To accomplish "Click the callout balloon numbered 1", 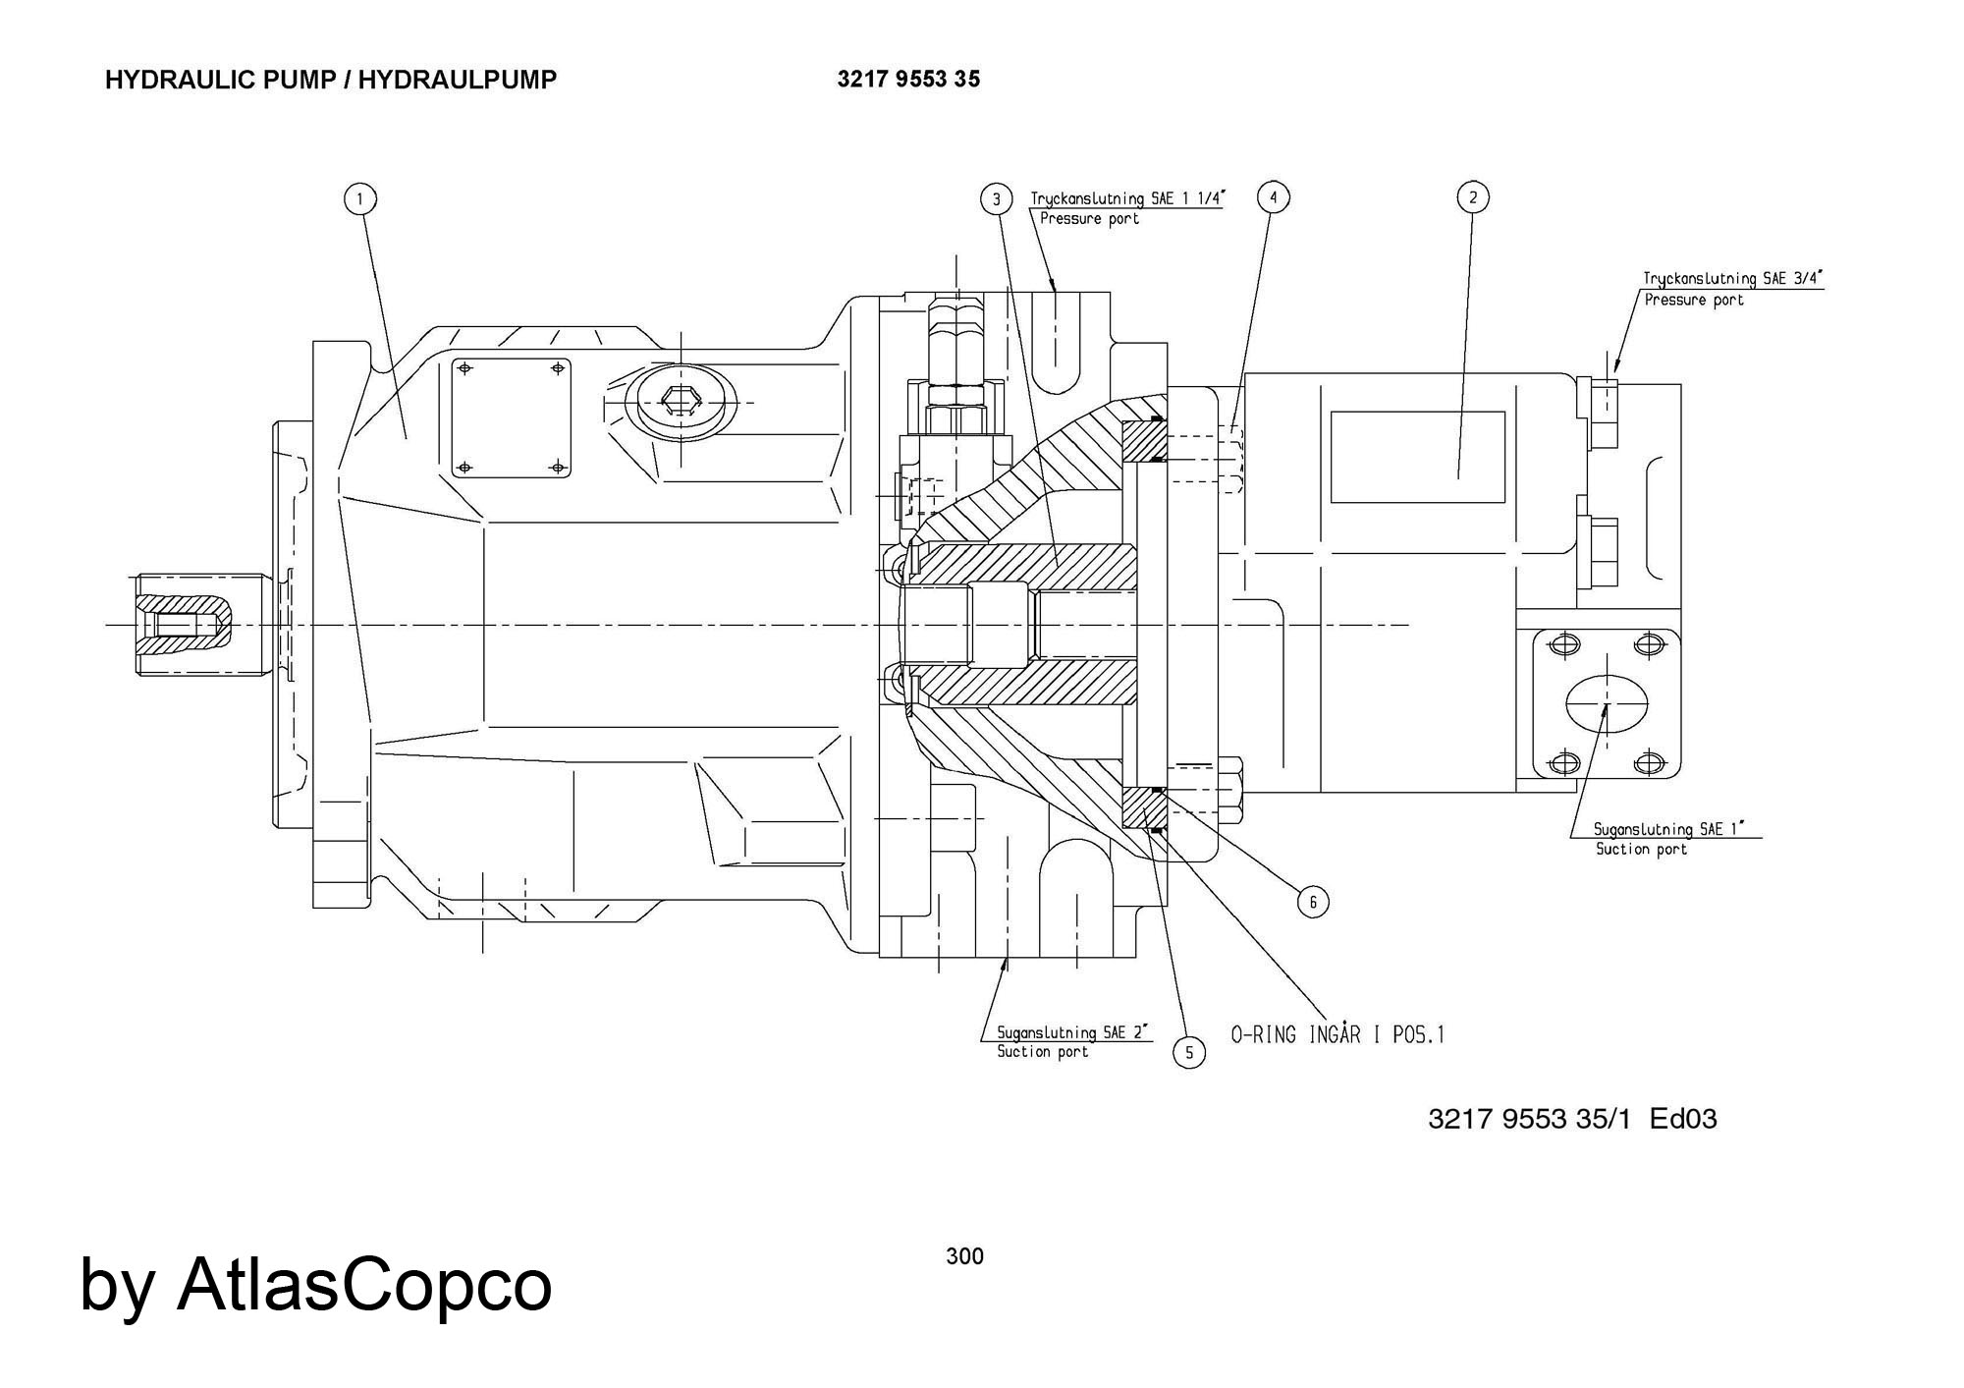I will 360,199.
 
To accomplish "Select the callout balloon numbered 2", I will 1472,197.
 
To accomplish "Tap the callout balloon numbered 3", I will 997,199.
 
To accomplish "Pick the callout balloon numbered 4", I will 1274,197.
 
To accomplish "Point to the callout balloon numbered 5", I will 1188,1053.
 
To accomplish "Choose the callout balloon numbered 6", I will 1313,901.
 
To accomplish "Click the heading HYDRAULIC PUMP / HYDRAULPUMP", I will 331,80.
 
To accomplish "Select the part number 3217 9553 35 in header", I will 908,80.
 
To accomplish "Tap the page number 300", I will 964,1255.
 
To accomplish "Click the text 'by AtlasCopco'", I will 316,1284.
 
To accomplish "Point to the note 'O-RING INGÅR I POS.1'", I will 1337,1034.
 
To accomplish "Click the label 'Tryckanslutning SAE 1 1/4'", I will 1127,198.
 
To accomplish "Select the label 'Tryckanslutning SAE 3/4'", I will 1732,279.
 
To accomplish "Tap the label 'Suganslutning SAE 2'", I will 1073,1032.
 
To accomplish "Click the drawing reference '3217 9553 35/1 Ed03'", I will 1572,1119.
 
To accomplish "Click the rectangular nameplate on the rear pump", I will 1417,457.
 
